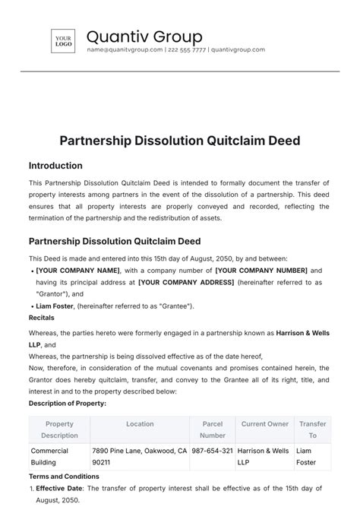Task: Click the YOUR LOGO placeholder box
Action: pos(63,41)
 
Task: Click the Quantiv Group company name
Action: pos(144,36)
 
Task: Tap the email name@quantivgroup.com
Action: pos(125,50)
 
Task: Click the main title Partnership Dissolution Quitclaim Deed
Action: pos(180,141)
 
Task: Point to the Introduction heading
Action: pos(55,166)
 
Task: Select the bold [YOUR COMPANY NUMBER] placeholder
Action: pos(261,271)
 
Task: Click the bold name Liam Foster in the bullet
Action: pos(54,306)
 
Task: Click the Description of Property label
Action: pos(68,403)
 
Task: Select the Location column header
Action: pos(140,424)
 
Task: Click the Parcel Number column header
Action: pos(213,429)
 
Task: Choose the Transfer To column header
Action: pos(312,429)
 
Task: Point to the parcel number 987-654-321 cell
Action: pos(213,451)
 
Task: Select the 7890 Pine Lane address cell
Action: pos(139,456)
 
